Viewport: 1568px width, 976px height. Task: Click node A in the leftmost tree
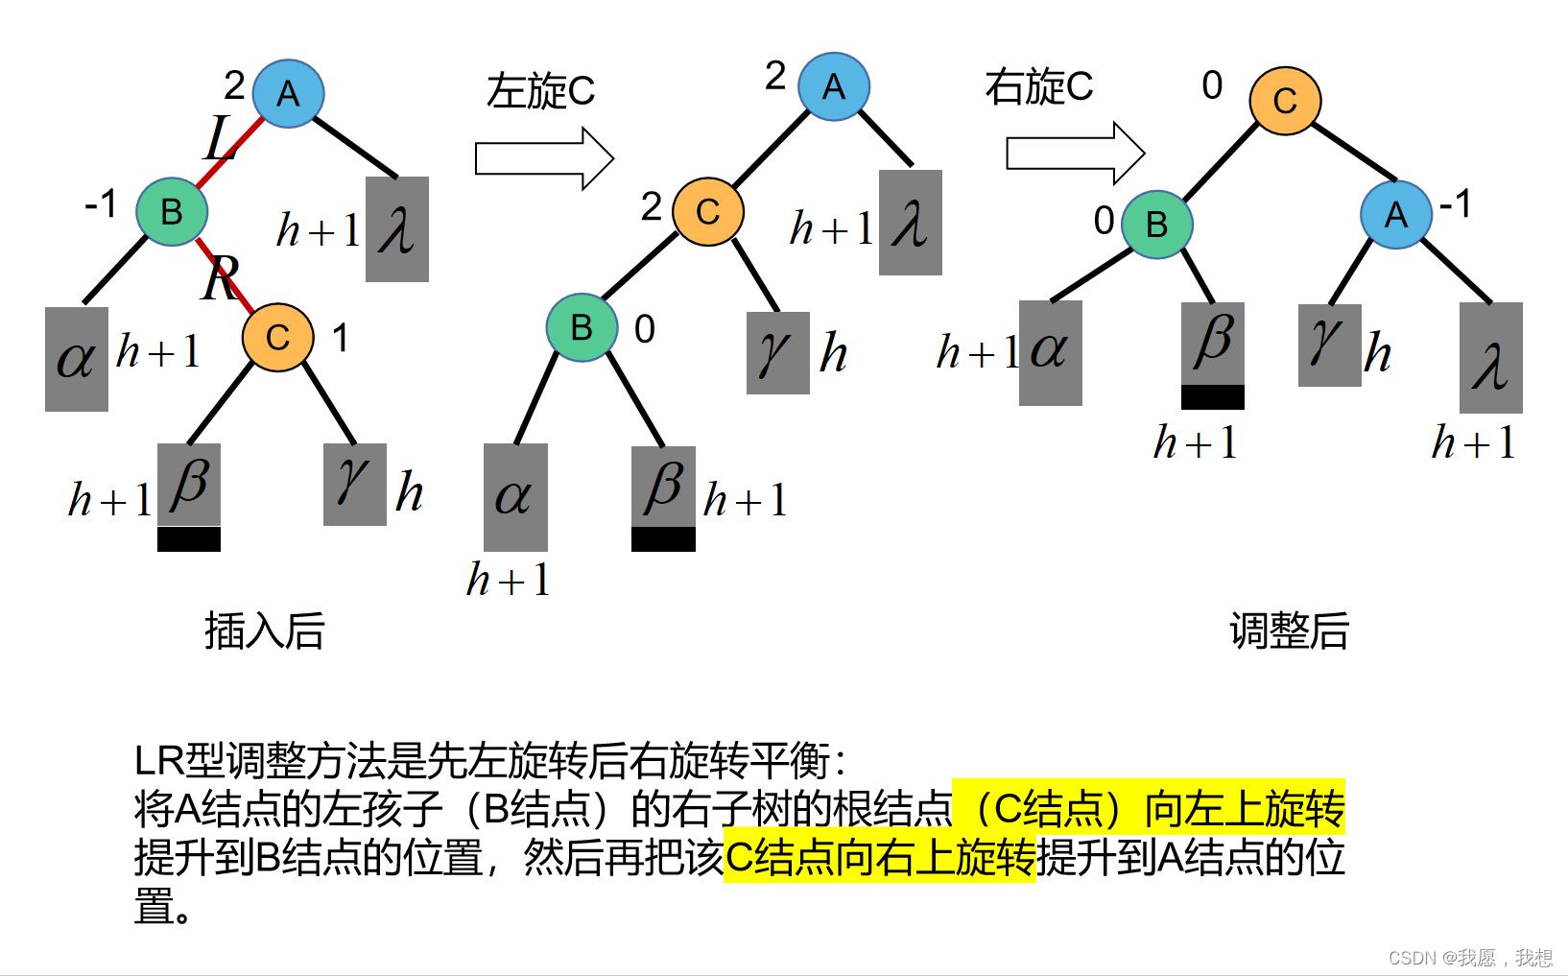coord(288,94)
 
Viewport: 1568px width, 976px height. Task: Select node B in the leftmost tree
coord(172,211)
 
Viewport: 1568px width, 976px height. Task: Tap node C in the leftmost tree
coord(277,337)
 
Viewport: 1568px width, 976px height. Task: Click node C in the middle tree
coord(708,211)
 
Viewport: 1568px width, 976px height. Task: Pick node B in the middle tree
coord(582,327)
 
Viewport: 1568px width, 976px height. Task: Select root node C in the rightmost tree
coord(1285,101)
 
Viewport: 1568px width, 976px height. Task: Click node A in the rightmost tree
coord(1396,214)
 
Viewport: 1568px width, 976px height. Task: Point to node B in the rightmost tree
coord(1156,224)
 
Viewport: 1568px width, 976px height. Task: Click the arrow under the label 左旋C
coord(544,158)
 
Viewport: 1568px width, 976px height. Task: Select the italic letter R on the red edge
coord(221,279)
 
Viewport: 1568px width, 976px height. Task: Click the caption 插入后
coord(264,631)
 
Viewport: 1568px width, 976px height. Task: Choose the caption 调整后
coord(1289,631)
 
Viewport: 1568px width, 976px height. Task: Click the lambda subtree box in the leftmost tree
coord(397,229)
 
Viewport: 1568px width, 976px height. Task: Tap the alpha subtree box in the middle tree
coord(515,496)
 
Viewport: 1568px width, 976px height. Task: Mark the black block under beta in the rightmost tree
coord(1213,396)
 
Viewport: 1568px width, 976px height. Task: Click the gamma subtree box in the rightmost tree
coord(1329,345)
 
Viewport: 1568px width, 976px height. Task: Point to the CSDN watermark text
coord(1469,958)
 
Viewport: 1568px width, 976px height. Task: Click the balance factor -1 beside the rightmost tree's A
coord(1456,203)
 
